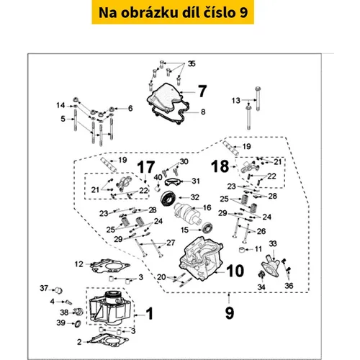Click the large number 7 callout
click(x=202, y=91)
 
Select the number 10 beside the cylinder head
click(x=235, y=271)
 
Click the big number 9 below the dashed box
click(x=230, y=312)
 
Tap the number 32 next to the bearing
click(x=195, y=197)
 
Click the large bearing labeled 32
click(x=168, y=198)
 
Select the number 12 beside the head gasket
click(x=78, y=264)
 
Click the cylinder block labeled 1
click(x=110, y=308)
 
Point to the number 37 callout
click(x=44, y=288)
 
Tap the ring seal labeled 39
click(x=78, y=323)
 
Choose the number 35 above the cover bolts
click(x=192, y=63)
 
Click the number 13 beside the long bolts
click(x=236, y=100)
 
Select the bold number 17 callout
click(x=146, y=167)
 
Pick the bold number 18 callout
click(x=220, y=166)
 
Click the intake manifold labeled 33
click(x=271, y=266)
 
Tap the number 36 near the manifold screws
click(x=289, y=286)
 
